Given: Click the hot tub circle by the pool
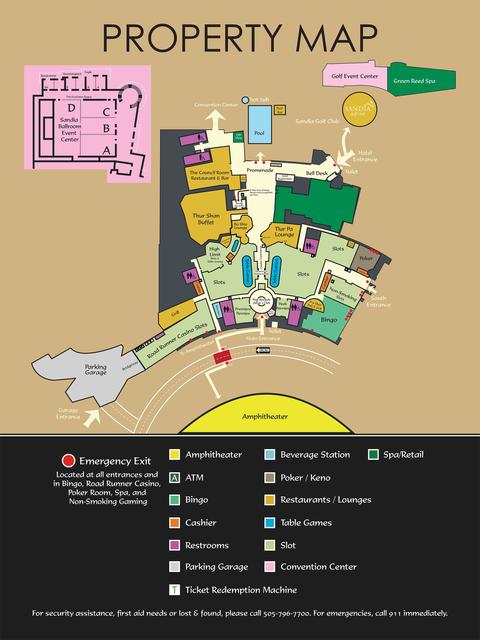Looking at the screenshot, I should (x=245, y=100).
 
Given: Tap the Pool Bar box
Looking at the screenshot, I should (x=280, y=110).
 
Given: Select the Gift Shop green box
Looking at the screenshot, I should (x=238, y=137).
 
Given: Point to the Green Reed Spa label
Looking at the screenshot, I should (x=414, y=81).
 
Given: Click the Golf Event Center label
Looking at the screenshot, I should (x=355, y=76).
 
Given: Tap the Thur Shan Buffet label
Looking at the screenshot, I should (x=206, y=219).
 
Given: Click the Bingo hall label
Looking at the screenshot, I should (x=329, y=320).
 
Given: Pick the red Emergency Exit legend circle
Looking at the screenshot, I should (x=69, y=461).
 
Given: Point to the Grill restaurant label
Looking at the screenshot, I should (x=175, y=313).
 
